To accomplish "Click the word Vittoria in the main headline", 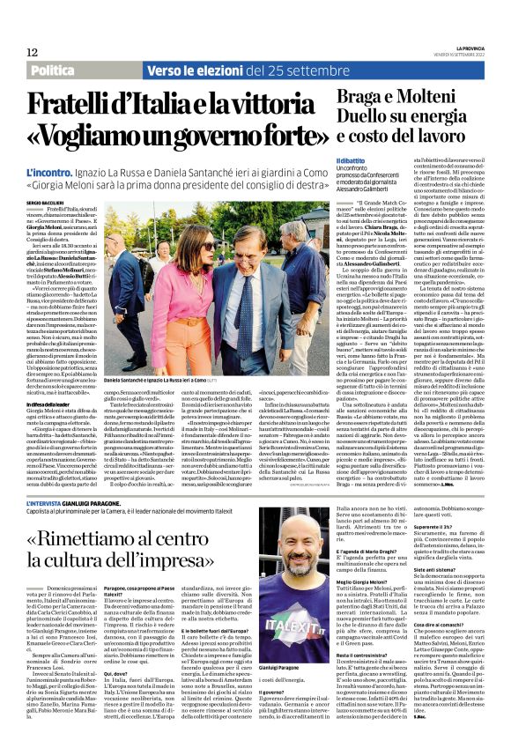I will click(x=268, y=103).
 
